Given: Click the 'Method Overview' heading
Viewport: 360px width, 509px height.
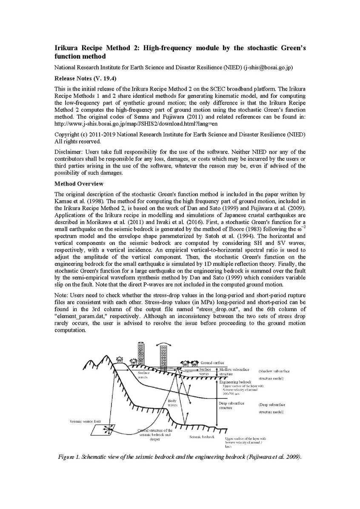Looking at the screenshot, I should pos(79,184).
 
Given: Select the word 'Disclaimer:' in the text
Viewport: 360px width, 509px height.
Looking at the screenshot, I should pos(69,151).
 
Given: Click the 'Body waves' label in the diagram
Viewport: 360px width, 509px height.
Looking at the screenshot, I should pos(172,403).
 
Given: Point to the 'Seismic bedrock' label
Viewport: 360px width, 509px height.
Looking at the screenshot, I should pos(201,437).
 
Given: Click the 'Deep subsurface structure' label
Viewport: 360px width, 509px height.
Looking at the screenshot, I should pos(231,405).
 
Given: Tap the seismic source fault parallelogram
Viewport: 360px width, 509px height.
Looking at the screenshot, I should pos(104,429).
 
